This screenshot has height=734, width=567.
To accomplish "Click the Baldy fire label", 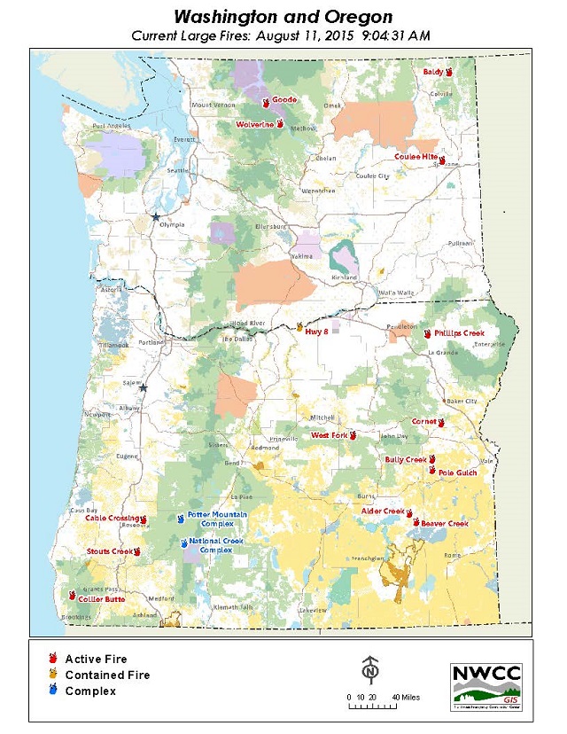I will [432, 72].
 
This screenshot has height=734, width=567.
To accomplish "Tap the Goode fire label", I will [284, 100].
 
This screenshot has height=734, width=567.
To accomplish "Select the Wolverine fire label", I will [254, 125].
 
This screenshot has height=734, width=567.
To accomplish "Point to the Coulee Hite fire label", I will [416, 157].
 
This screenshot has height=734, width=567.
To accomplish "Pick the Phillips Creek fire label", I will [459, 333].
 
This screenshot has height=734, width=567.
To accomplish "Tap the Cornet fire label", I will [423, 422].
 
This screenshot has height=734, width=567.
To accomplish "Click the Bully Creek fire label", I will [406, 460].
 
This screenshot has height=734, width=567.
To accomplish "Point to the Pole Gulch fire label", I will [457, 472].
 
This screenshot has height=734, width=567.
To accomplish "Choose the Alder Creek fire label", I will [383, 511].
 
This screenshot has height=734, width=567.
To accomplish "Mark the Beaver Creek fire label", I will [444, 524].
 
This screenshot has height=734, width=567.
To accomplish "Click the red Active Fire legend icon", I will [54, 659].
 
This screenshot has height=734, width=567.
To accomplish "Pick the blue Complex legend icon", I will [54, 690].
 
